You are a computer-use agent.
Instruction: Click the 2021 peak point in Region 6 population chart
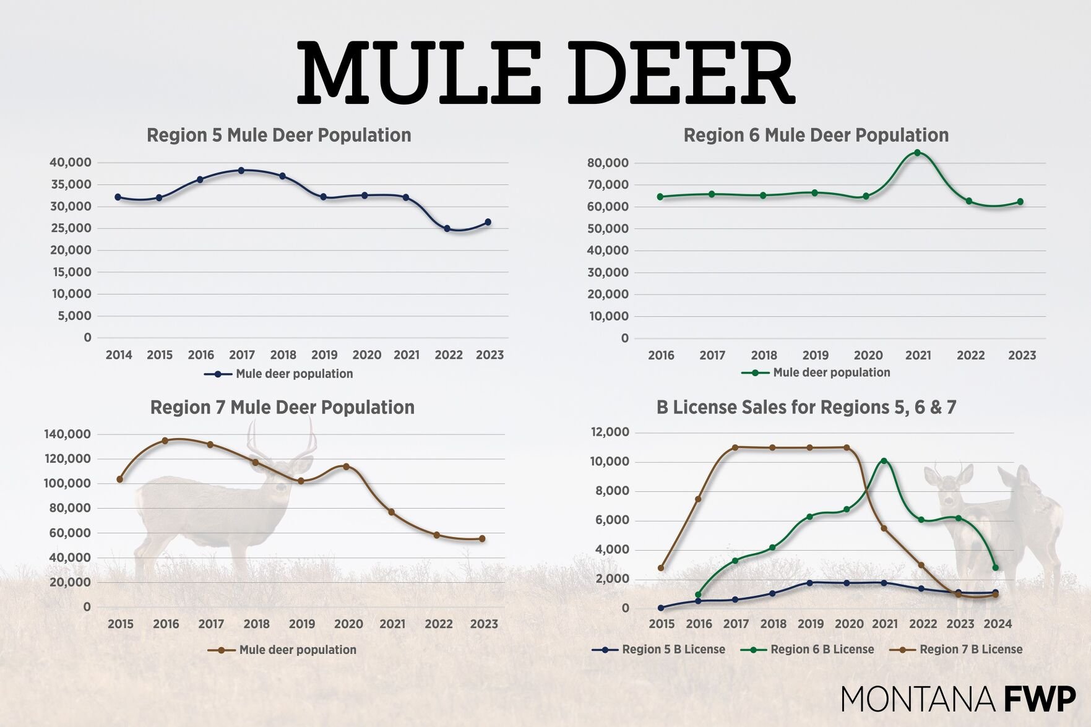pyautogui.click(x=917, y=153)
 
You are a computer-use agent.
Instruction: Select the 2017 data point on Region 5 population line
pyautogui.click(x=241, y=170)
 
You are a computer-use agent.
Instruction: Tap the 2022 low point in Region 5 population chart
pyautogui.click(x=447, y=228)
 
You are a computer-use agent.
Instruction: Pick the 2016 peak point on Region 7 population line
pyautogui.click(x=165, y=441)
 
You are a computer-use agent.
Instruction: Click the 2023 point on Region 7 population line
pyautogui.click(x=482, y=539)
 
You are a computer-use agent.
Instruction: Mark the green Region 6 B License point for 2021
pyautogui.click(x=884, y=461)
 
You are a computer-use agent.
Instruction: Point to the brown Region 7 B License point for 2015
pyautogui.click(x=661, y=568)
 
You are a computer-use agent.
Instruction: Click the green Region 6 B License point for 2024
pyautogui.click(x=995, y=567)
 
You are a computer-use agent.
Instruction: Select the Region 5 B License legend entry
pyautogui.click(x=658, y=650)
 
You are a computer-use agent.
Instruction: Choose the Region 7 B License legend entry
pyautogui.click(x=956, y=650)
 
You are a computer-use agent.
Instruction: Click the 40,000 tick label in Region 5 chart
pyautogui.click(x=71, y=162)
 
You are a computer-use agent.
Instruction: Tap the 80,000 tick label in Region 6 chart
pyautogui.click(x=608, y=163)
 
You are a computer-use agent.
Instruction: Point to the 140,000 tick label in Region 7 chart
pyautogui.click(x=67, y=434)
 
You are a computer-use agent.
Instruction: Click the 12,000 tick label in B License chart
pyautogui.click(x=610, y=432)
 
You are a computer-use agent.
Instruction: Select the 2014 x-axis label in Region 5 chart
pyautogui.click(x=119, y=355)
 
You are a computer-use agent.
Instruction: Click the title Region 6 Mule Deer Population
pyautogui.click(x=816, y=135)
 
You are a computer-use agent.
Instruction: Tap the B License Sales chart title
pyautogui.click(x=806, y=407)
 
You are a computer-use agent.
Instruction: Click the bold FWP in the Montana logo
pyautogui.click(x=1039, y=700)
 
